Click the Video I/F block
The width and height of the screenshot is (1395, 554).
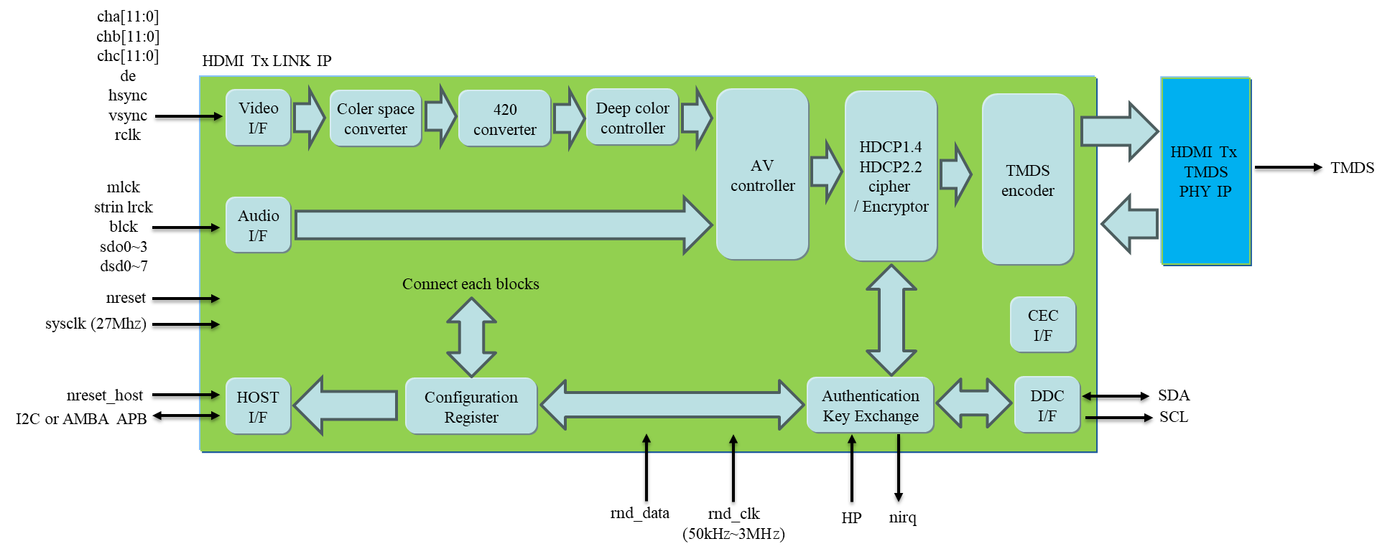click(258, 118)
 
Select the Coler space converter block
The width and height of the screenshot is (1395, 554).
click(375, 118)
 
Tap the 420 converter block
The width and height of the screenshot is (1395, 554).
click(504, 119)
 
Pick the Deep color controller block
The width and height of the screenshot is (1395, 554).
click(632, 118)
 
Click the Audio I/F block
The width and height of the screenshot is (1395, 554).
click(258, 225)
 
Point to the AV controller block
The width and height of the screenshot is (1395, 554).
click(762, 175)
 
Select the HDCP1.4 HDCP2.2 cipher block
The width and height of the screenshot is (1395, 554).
click(891, 177)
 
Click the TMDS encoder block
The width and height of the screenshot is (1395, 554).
click(1027, 180)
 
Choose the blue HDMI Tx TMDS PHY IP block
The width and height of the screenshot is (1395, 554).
click(1205, 172)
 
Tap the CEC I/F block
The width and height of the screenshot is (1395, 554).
click(1042, 325)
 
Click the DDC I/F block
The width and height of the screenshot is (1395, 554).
click(1047, 405)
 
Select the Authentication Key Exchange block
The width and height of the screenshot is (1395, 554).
click(870, 405)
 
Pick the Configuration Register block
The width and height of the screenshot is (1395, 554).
click(471, 407)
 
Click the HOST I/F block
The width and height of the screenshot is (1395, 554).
click(258, 407)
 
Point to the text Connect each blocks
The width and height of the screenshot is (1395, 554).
click(471, 284)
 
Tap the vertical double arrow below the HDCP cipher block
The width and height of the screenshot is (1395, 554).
click(891, 320)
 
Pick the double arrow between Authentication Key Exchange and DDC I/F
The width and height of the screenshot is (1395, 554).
click(974, 403)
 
